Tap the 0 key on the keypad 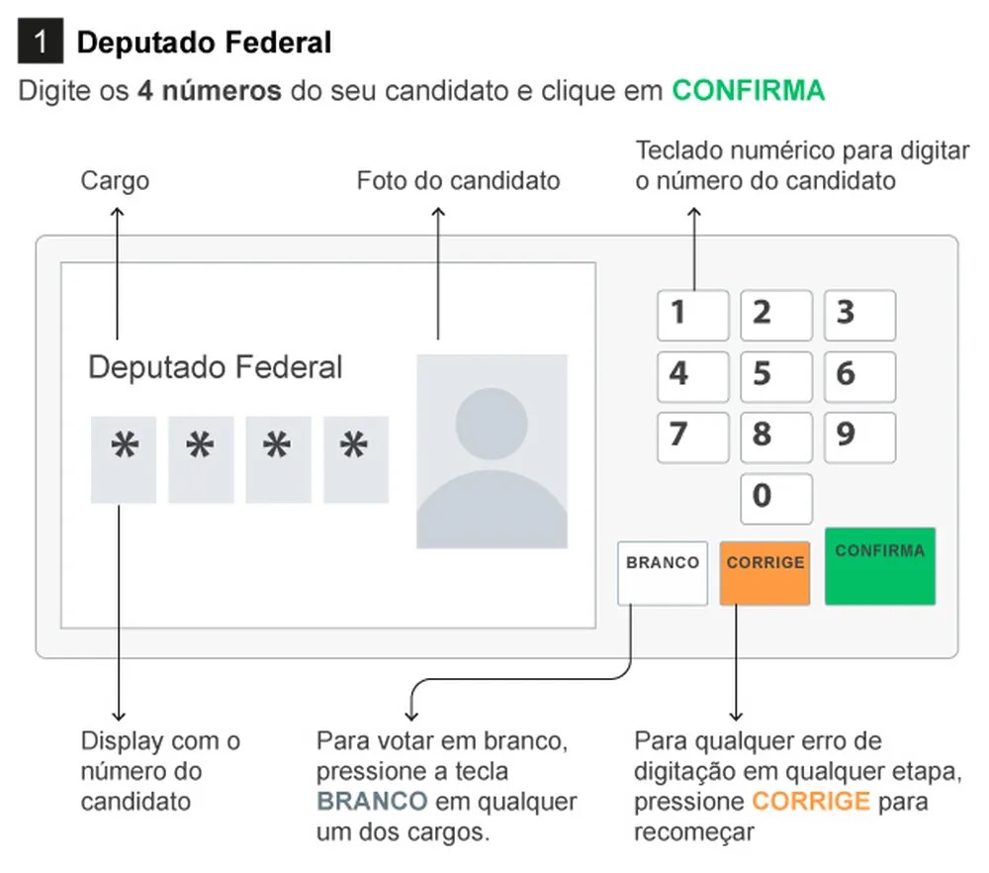(775, 499)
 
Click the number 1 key (692, 316)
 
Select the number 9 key (859, 437)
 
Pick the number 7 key (692, 437)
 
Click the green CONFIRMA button (880, 566)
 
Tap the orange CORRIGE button (764, 573)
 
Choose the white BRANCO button (663, 573)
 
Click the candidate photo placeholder (492, 451)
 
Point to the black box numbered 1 (41, 41)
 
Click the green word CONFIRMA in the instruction (748, 90)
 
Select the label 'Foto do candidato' (459, 180)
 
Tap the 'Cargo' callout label (115, 181)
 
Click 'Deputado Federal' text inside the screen (215, 367)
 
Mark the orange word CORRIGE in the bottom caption (811, 802)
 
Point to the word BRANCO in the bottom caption (372, 802)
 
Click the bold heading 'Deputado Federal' (204, 43)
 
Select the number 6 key (859, 377)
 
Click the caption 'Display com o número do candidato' (160, 771)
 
